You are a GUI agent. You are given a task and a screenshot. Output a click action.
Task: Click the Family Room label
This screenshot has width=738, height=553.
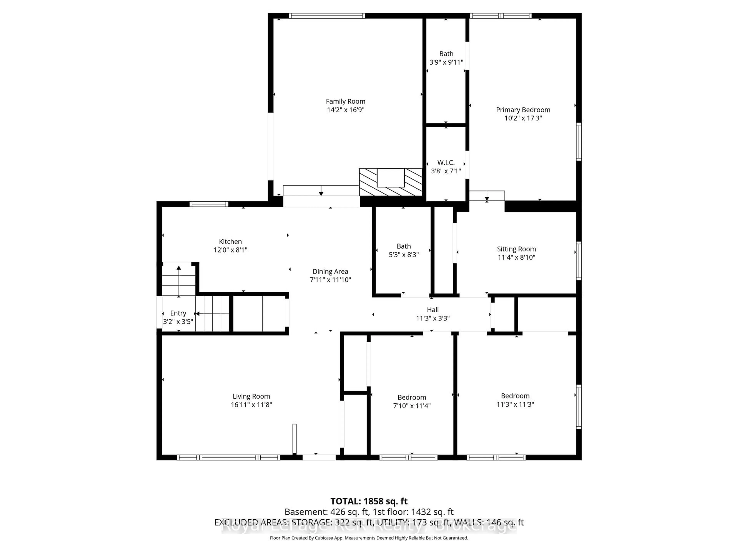[345, 101]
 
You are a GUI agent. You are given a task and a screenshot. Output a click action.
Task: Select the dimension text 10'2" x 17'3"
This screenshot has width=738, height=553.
[523, 118]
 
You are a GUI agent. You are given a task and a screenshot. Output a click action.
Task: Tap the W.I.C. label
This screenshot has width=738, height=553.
[446, 163]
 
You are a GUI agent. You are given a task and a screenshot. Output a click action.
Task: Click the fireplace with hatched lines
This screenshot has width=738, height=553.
[390, 183]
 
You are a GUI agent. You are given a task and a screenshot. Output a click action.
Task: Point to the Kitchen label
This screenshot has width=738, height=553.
[230, 242]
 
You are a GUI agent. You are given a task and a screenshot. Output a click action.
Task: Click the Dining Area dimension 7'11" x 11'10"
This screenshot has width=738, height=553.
[330, 280]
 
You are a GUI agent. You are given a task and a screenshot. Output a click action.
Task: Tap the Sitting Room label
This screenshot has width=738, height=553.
[516, 249]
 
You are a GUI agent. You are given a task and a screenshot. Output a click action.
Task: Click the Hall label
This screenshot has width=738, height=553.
[433, 310]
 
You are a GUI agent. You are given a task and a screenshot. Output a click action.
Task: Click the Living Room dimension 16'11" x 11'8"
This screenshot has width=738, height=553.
[251, 405]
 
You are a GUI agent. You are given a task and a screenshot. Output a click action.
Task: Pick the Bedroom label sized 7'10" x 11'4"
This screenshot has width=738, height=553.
[412, 397]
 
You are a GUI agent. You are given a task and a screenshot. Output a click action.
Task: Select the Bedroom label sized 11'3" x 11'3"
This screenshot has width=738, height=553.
[515, 396]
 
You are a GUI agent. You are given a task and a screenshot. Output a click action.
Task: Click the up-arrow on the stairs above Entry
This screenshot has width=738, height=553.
[179, 268]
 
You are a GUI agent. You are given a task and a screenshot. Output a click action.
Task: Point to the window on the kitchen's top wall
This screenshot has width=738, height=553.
[209, 204]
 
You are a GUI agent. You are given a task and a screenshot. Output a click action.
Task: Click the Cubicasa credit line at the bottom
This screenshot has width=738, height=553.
[369, 538]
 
